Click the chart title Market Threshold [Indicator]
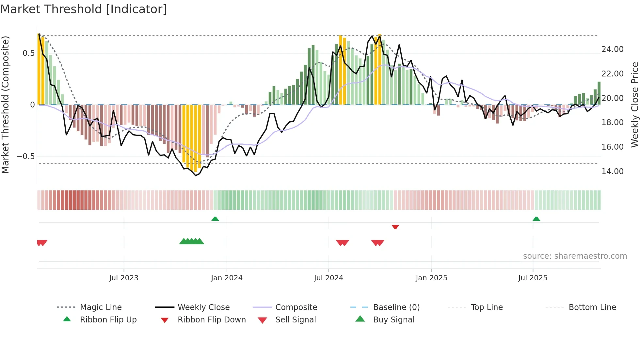tap(84, 9)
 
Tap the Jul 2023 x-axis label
tap(124, 278)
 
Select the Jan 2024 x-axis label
tap(227, 278)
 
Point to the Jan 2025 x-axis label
tap(431, 278)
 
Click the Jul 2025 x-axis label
tap(533, 278)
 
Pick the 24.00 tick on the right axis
tap(612, 49)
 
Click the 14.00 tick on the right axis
tap(612, 172)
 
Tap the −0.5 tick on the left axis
tap(26, 156)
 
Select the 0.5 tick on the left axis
tap(28, 53)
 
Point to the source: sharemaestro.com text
tap(575, 256)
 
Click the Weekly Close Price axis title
tap(634, 105)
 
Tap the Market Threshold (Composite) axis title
tap(5, 105)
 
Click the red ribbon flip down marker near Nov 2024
tap(395, 227)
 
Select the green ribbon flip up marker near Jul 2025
tap(536, 219)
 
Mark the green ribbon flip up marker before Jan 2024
tap(215, 219)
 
